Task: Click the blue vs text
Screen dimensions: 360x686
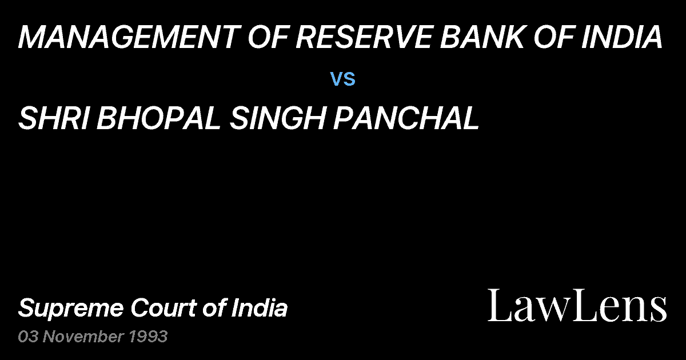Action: click(343, 79)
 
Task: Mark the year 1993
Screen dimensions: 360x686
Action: click(147, 337)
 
